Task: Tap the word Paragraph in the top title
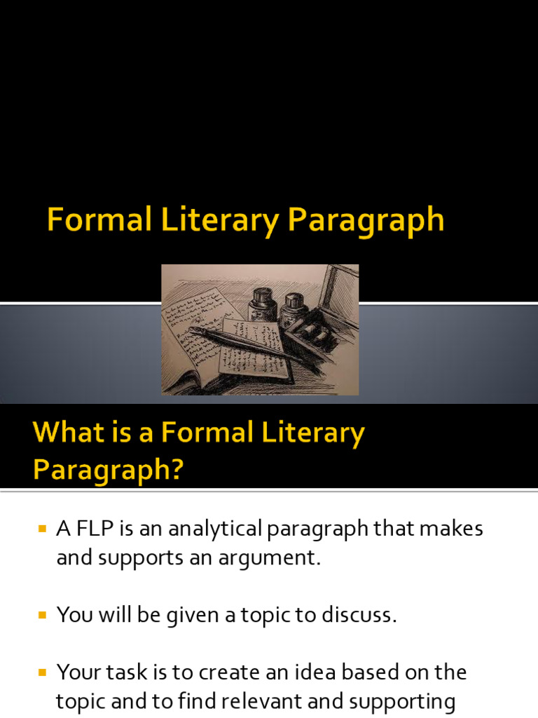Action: [x=366, y=222]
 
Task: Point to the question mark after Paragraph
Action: [x=174, y=469]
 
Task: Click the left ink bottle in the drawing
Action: [x=261, y=303]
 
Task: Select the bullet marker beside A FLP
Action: [x=42, y=528]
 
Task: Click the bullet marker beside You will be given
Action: [x=42, y=615]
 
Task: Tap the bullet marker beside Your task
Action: [x=42, y=672]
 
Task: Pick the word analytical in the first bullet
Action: [x=199, y=529]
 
